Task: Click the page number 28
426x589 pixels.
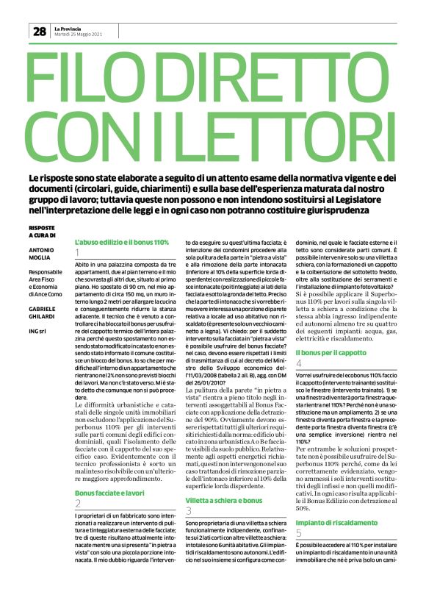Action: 39,31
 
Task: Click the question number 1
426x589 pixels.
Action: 77,254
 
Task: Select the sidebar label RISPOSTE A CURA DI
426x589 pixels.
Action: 41,232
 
